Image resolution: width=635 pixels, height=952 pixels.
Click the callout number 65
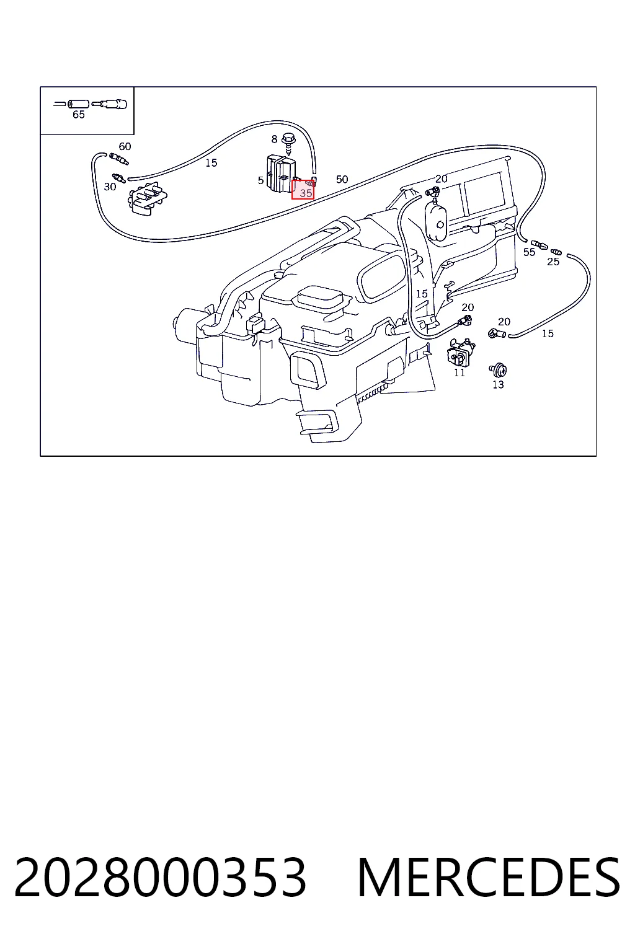[x=79, y=114]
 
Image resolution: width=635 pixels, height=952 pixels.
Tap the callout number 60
[x=125, y=147]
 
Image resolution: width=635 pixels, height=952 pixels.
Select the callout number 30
[x=110, y=187]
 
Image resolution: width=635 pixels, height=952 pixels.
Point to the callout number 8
[x=274, y=139]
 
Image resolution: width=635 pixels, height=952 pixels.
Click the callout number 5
[x=260, y=180]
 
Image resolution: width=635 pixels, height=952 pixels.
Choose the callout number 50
[x=342, y=179]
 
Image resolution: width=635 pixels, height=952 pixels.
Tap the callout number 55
[x=529, y=252]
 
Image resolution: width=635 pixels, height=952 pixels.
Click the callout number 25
[x=553, y=262]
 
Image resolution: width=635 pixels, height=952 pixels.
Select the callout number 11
[x=460, y=372]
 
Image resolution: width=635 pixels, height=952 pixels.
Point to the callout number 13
[x=498, y=385]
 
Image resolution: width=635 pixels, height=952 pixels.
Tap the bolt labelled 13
[x=498, y=370]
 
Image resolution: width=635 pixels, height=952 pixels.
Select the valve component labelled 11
[x=460, y=351]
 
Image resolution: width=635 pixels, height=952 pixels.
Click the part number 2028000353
[x=161, y=876]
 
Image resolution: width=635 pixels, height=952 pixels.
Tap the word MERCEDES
[x=489, y=876]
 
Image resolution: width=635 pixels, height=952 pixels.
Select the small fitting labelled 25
[x=556, y=252]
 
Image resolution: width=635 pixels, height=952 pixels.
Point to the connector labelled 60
[x=118, y=159]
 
